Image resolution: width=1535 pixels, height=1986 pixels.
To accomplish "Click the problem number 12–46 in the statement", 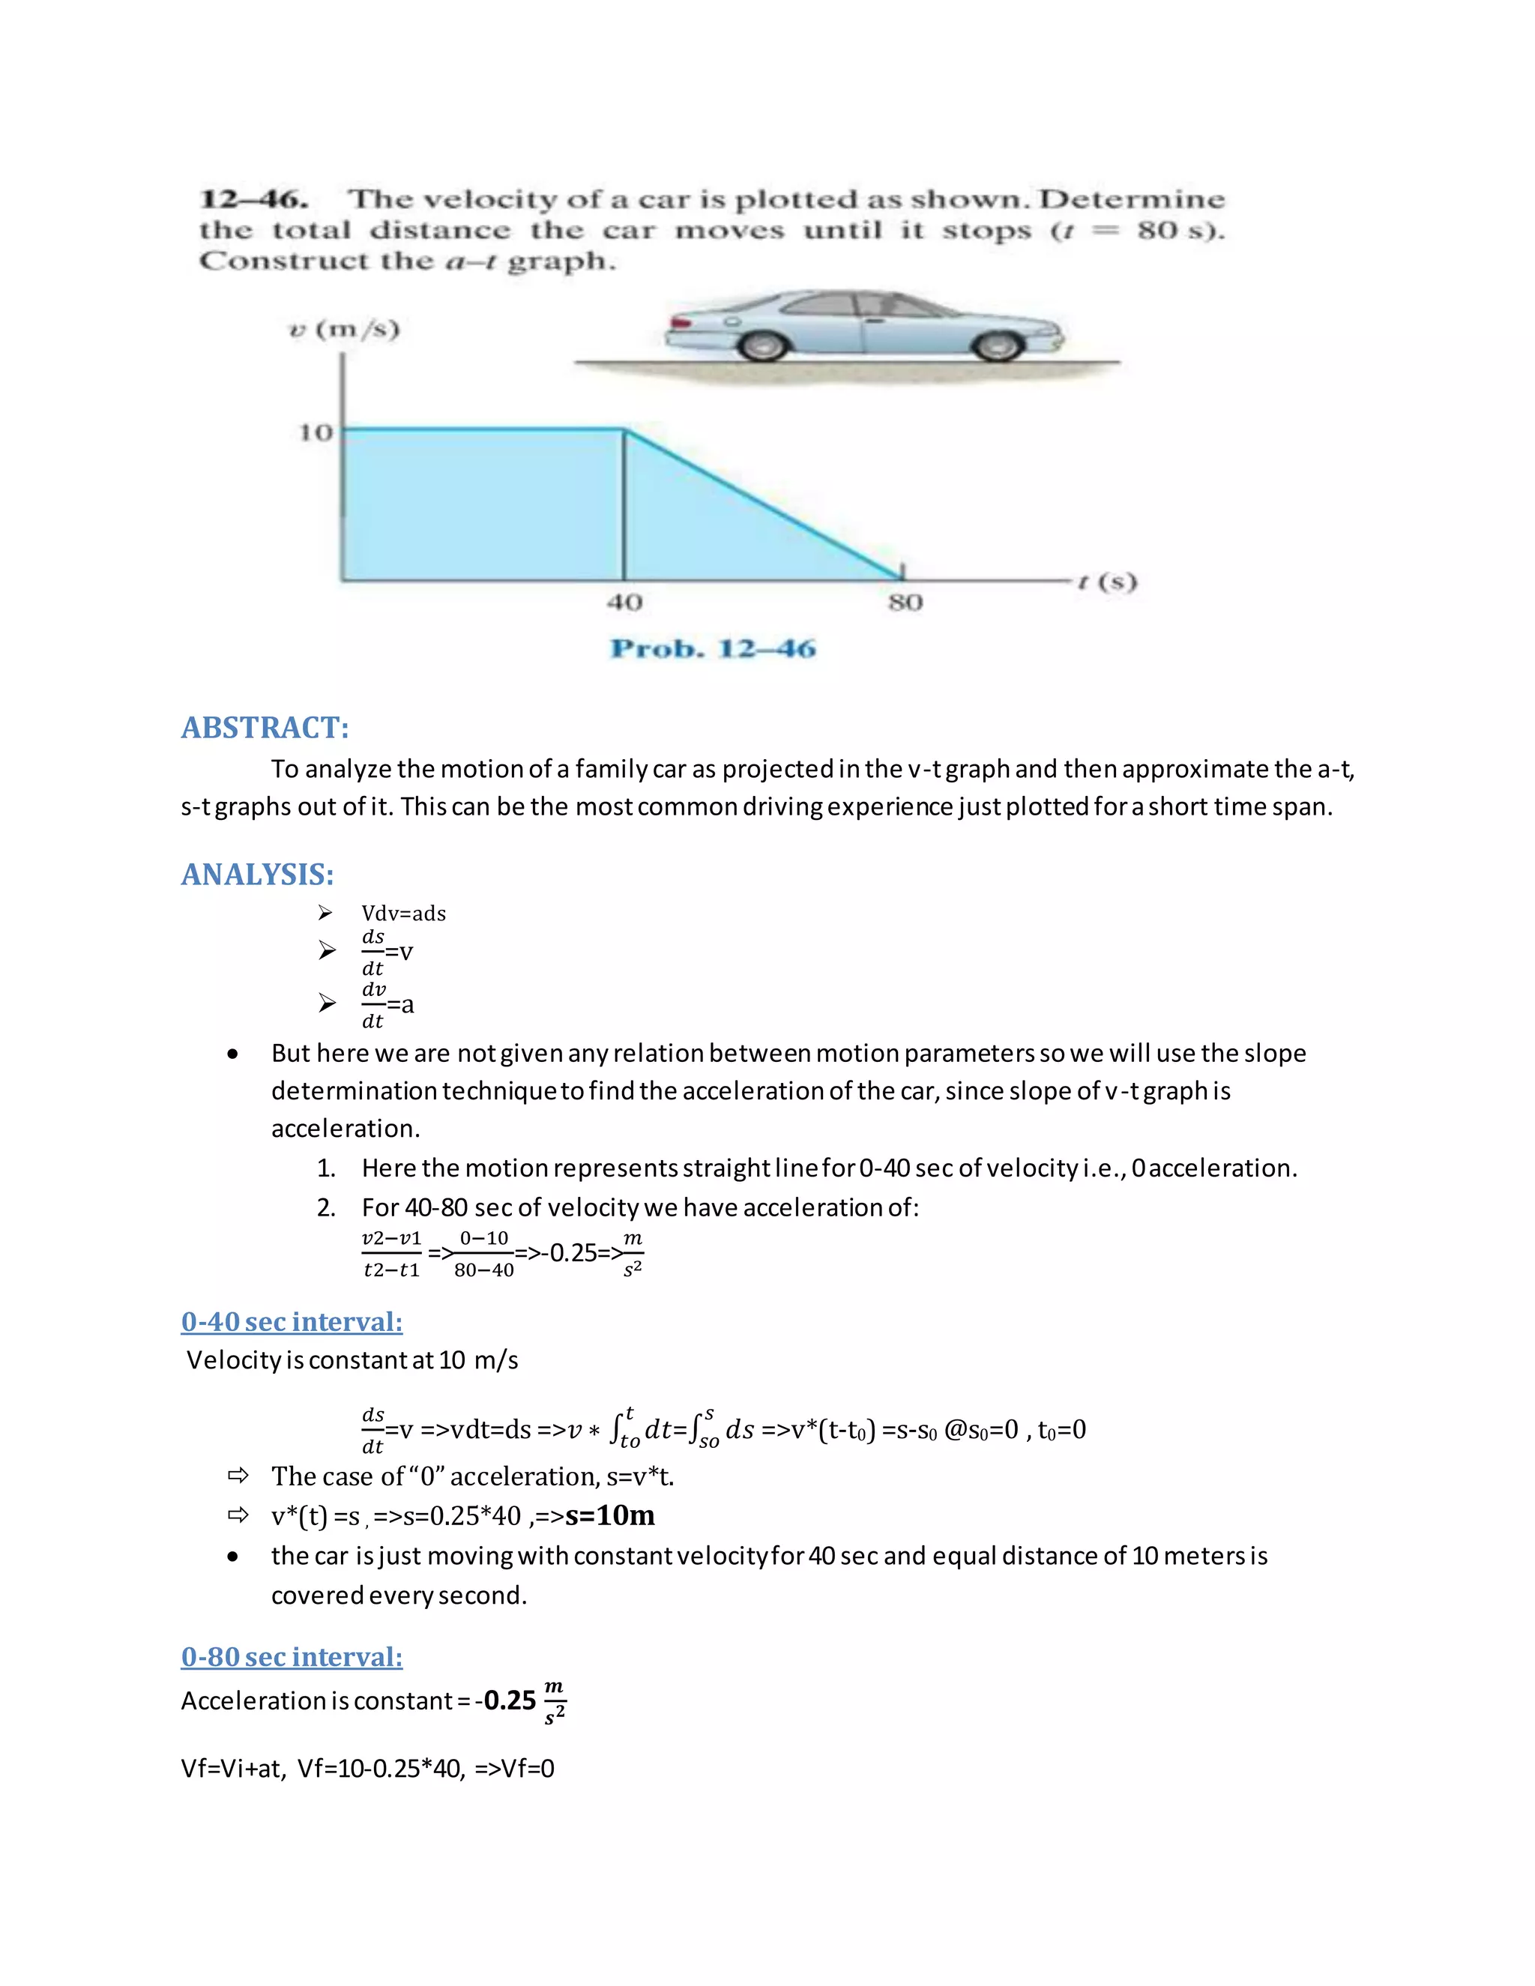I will coord(253,199).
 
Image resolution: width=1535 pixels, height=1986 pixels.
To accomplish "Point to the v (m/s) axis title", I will coord(344,329).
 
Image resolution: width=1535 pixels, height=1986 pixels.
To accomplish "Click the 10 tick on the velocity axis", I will coord(316,433).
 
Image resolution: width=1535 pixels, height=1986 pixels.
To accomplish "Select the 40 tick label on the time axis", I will coord(625,602).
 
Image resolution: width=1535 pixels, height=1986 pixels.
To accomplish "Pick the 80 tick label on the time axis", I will coord(905,602).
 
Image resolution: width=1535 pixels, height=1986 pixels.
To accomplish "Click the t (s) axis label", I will coord(1107,582).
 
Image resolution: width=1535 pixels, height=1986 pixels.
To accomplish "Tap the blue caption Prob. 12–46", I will coord(713,648).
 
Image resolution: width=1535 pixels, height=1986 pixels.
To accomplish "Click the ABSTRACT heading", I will coord(265,728).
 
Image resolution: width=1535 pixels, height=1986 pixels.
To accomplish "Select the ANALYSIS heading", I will coord(257,874).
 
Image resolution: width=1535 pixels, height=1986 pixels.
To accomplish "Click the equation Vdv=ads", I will coord(404,913).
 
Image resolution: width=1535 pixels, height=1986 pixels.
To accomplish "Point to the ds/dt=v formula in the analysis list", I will coord(387,952).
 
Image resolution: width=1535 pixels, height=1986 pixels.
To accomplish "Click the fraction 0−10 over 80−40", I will coord(483,1254).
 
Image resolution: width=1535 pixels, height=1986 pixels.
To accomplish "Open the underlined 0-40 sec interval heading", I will coord(291,1321).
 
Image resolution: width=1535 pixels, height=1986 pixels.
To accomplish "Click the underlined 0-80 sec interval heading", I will coord(291,1657).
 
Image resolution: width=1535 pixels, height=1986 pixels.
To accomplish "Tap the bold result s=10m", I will coord(609,1516).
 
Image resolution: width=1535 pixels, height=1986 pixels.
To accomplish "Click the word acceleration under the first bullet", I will coord(346,1129).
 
